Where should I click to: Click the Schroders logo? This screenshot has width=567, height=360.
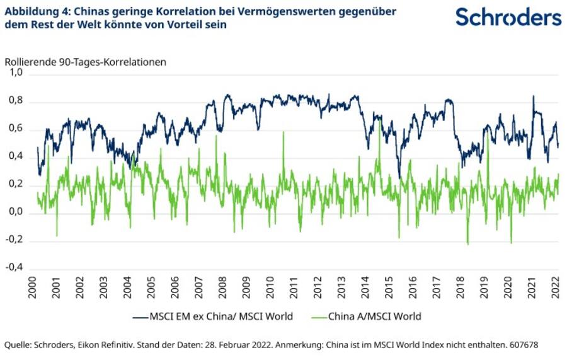pyautogui.click(x=508, y=17)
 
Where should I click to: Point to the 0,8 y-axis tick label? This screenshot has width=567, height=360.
pyautogui.click(x=16, y=101)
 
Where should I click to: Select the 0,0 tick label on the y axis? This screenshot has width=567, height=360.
pyautogui.click(x=16, y=212)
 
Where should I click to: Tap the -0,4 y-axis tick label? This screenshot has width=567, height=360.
pyautogui.click(x=15, y=268)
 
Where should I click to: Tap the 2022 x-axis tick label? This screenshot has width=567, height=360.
pyautogui.click(x=556, y=289)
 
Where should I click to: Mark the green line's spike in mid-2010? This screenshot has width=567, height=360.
pyautogui.click(x=283, y=133)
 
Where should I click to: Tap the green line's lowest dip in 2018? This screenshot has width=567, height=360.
pyautogui.click(x=467, y=243)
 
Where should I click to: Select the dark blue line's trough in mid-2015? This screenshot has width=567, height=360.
pyautogui.click(x=398, y=177)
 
